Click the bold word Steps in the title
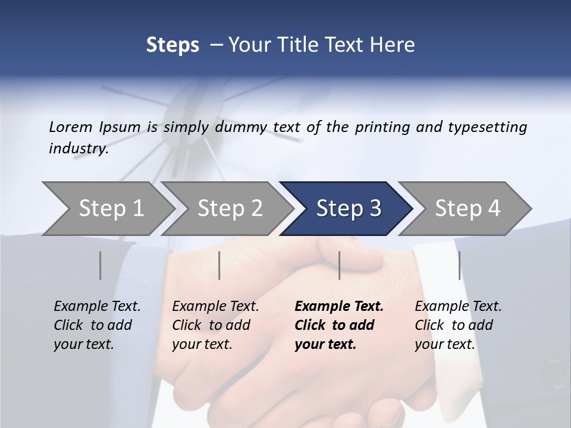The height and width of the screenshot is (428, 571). [172, 45]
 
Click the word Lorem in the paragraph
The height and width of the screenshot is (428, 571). [71, 127]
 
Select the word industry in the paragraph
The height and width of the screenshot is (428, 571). [78, 149]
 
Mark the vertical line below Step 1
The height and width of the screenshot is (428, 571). [101, 265]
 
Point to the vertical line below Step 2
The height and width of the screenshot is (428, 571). [219, 265]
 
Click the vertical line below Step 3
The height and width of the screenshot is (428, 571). [339, 265]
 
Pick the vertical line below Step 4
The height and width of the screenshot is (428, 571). [459, 265]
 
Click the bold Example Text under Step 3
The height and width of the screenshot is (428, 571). [339, 307]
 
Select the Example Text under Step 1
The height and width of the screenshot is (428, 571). [97, 307]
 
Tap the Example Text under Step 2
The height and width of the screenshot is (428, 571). [215, 307]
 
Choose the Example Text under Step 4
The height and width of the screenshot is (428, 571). [458, 307]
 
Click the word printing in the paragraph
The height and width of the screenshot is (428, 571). [382, 127]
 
